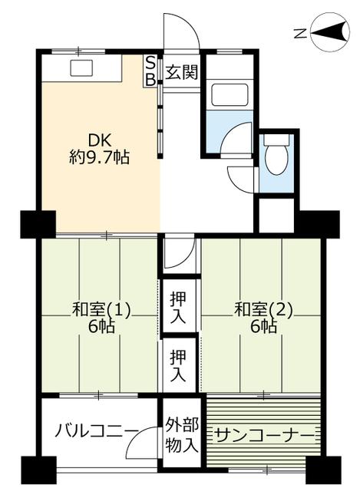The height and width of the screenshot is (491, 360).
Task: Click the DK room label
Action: (99, 140)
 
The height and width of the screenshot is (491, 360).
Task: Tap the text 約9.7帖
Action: (99, 157)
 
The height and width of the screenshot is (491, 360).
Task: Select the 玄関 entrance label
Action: (182, 72)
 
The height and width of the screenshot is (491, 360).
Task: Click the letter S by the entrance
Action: (150, 64)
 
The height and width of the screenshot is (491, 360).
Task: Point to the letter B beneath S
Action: (150, 80)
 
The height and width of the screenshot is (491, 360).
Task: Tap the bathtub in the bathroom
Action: (230, 95)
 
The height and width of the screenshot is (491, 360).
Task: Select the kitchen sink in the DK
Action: (81, 68)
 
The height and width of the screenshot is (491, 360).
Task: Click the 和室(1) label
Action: (101, 310)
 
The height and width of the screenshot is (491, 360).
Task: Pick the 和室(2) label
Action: (263, 310)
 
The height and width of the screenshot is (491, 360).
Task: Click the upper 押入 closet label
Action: (178, 308)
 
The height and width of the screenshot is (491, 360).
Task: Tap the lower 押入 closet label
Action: (178, 366)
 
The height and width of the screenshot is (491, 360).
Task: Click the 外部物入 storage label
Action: (182, 434)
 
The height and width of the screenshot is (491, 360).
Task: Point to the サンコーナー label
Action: (265, 436)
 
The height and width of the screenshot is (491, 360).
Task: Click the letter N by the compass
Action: (300, 33)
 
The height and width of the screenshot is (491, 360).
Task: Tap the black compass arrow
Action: (329, 31)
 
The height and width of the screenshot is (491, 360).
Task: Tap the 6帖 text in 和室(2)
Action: (263, 327)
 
